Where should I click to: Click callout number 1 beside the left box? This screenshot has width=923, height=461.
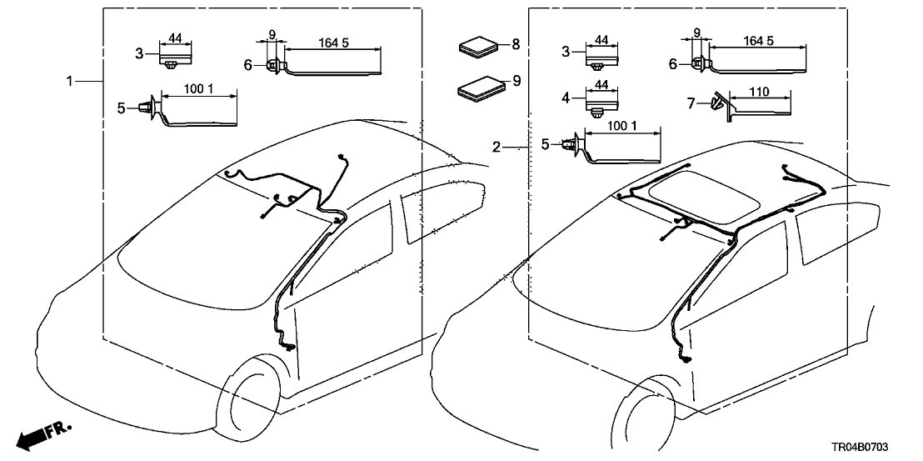coord(71,81)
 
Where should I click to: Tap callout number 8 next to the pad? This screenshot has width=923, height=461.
coord(516,43)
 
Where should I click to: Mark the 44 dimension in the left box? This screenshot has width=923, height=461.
coord(176,38)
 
